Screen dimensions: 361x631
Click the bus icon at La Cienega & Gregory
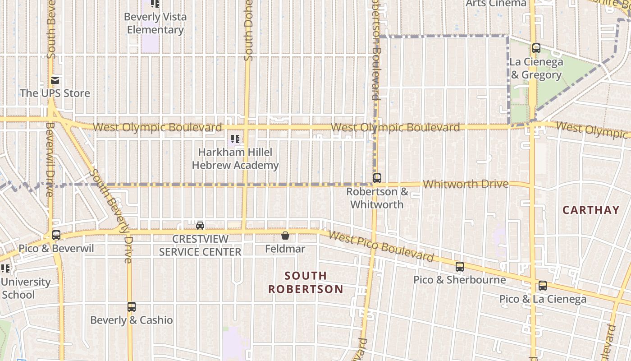point(536,48)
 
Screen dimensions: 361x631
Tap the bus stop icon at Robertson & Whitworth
point(377,178)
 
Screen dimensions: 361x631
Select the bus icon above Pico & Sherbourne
point(459,266)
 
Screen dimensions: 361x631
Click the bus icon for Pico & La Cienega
point(543,285)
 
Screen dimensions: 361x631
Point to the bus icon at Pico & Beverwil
point(56,235)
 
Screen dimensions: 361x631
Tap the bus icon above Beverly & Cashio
point(131,307)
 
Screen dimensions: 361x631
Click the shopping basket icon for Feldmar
point(285,235)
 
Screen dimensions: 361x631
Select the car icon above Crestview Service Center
point(200,225)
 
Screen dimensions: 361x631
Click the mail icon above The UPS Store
point(55,80)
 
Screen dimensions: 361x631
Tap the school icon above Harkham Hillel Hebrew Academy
point(235,139)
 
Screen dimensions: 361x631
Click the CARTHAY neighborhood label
point(591,210)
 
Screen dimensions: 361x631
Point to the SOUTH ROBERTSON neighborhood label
point(306,282)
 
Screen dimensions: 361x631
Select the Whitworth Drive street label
point(466,184)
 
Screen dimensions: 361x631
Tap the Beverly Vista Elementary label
point(155,23)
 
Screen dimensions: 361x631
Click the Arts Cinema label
point(496,4)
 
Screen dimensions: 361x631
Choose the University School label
point(25,288)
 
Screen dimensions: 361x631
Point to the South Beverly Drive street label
point(111,215)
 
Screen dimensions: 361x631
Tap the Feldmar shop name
point(285,249)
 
